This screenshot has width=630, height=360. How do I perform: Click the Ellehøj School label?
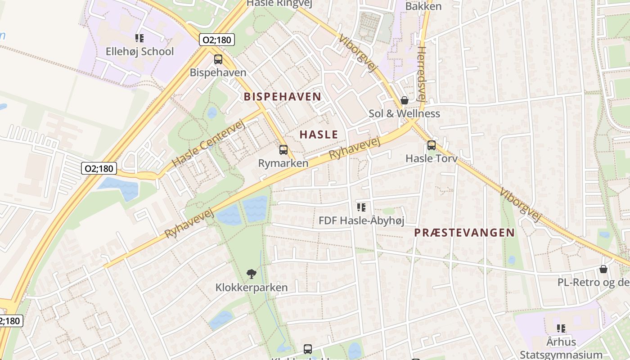[139, 51]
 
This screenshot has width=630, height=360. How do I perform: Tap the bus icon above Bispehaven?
[218, 59]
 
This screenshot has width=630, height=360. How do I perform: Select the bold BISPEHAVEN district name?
[283, 96]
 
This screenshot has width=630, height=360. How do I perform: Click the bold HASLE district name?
[319, 134]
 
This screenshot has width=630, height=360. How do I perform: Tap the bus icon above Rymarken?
[283, 150]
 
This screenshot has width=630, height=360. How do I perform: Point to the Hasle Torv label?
[431, 158]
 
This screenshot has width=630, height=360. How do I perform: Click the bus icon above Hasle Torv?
[431, 145]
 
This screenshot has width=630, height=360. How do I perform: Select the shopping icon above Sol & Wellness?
[405, 100]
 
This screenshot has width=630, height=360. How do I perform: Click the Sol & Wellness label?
[404, 113]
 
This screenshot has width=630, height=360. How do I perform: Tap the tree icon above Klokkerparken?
[252, 274]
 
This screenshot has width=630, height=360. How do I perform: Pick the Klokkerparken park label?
[252, 287]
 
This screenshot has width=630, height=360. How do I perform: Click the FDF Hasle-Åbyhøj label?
[361, 220]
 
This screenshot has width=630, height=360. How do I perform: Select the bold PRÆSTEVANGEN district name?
[464, 233]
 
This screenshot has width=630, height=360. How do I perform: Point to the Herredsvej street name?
[421, 74]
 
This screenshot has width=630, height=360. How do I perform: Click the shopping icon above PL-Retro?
[603, 269]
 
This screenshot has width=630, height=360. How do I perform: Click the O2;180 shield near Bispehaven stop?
[216, 40]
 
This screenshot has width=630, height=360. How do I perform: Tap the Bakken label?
[423, 6]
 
